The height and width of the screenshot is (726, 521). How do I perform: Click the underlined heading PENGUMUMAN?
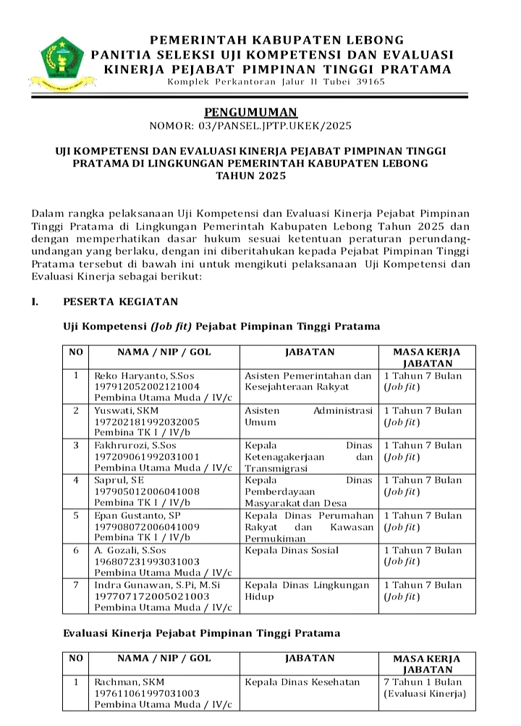pyautogui.click(x=250, y=112)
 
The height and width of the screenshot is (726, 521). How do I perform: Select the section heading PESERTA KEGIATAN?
pyautogui.click(x=120, y=301)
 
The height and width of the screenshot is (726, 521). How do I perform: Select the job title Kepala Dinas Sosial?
pyautogui.click(x=292, y=550)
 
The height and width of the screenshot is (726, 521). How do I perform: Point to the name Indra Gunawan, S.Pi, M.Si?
pyautogui.click(x=156, y=585)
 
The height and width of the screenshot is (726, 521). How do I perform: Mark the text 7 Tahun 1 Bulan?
pyautogui.click(x=422, y=682)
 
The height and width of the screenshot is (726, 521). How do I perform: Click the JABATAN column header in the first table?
pyautogui.click(x=310, y=353)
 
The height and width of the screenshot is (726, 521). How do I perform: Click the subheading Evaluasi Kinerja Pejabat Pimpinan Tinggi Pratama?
pyautogui.click(x=201, y=633)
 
